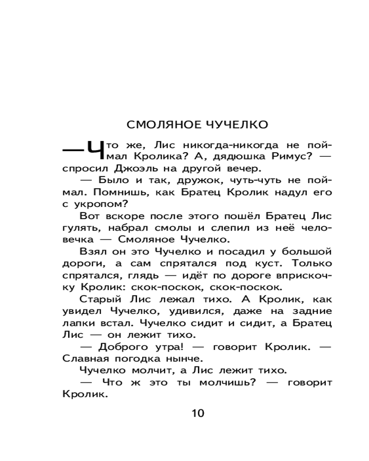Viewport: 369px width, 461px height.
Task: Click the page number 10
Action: pyautogui.click(x=197, y=413)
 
